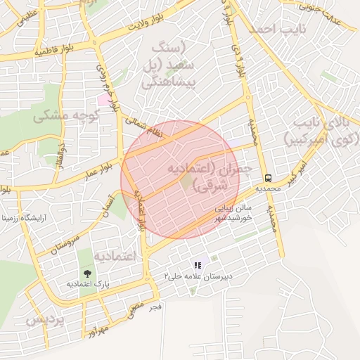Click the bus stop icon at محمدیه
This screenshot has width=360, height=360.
pyautogui.click(x=267, y=178)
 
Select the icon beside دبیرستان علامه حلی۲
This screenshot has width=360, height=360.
pyautogui.click(x=198, y=265)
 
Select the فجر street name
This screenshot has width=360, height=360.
pyautogui.click(x=155, y=307)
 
